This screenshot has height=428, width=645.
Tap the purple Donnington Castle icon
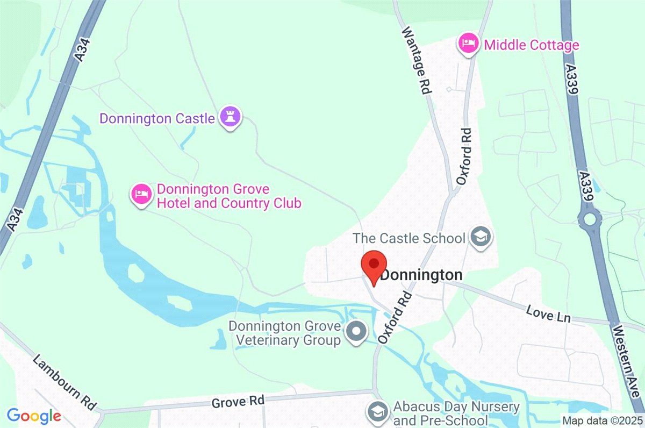pyautogui.click(x=231, y=117)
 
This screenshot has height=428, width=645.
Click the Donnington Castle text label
pyautogui.click(x=157, y=118)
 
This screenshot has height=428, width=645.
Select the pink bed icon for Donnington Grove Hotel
pyautogui.click(x=141, y=194)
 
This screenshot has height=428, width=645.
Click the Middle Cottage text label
pyautogui.click(x=531, y=45)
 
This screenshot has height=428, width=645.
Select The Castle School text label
pyautogui.click(x=408, y=238)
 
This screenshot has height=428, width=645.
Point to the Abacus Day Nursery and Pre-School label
pyautogui.click(x=456, y=413)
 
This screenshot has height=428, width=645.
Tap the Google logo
pyautogui.click(x=33, y=415)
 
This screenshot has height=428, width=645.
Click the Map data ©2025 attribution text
pyautogui.click(x=602, y=420)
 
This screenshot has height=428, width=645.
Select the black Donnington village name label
pyautogui.click(x=421, y=275)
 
